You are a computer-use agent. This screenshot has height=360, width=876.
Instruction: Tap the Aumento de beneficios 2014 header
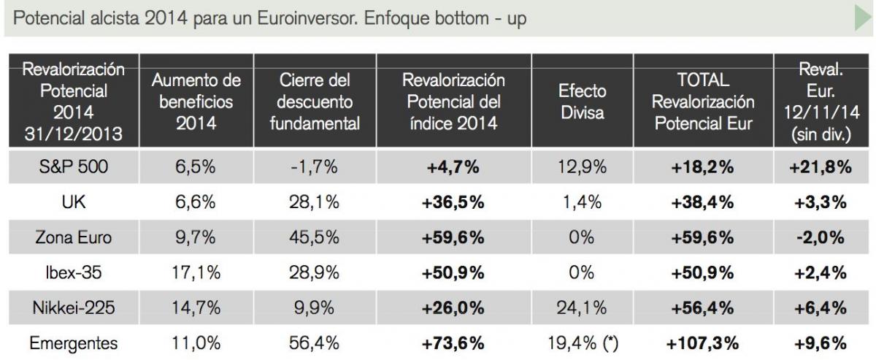[196, 102]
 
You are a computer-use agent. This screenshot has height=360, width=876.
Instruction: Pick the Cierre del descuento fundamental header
[315, 102]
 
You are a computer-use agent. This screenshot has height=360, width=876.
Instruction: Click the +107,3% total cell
[703, 343]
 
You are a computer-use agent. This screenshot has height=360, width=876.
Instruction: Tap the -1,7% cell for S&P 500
[315, 167]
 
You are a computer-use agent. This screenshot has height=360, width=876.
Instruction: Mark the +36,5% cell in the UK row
[453, 202]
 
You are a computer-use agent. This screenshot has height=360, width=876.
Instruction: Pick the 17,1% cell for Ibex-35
[196, 273]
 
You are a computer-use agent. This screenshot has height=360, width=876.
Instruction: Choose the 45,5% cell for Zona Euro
[315, 238]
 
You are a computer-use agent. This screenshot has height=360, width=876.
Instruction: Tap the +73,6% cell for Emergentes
[453, 343]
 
